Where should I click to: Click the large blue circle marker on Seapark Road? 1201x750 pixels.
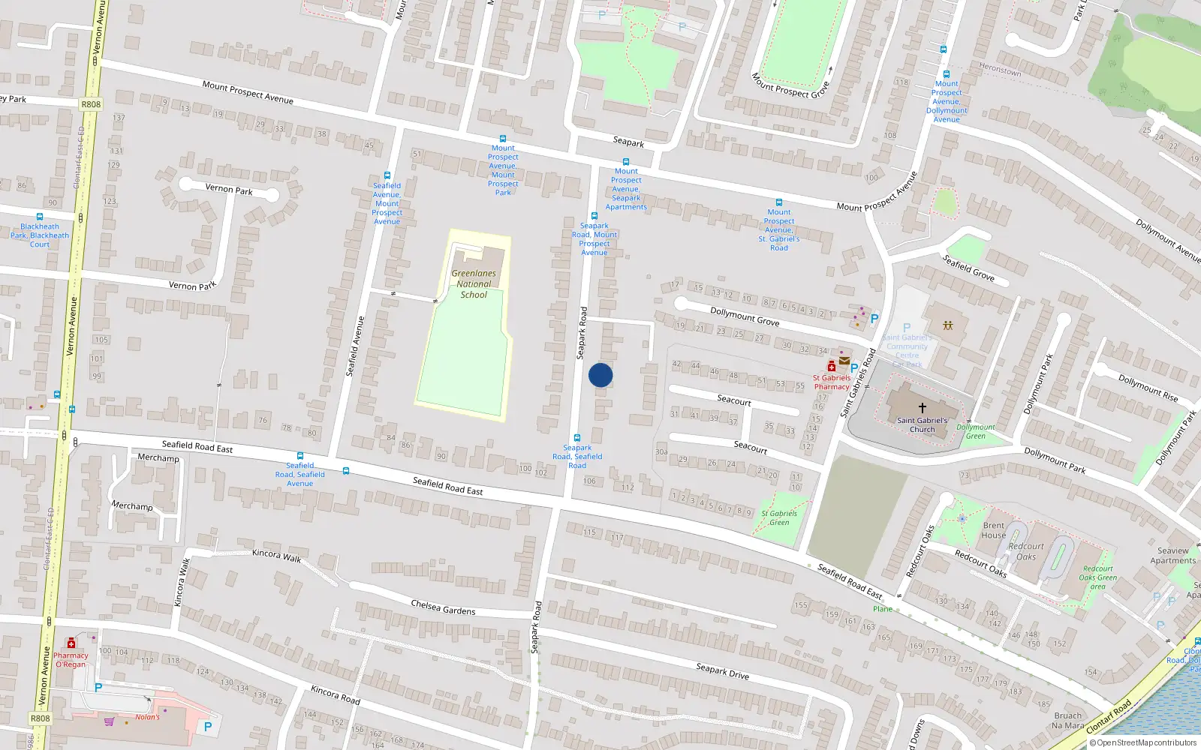pos(600,375)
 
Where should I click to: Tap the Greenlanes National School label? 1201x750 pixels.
pos(474,284)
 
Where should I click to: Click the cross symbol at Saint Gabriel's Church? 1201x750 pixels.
pos(923,408)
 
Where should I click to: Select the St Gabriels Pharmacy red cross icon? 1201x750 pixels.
pos(831,367)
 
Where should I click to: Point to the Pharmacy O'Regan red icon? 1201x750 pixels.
pos(71,643)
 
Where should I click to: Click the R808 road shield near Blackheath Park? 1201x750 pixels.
pos(91,104)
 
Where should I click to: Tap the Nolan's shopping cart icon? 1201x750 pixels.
pos(110,721)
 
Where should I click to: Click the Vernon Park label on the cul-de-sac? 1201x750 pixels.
pos(229,190)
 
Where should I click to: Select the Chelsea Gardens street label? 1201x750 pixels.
pos(443,607)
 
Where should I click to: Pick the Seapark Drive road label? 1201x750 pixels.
pos(722,670)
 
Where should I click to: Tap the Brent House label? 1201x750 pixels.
pos(994,530)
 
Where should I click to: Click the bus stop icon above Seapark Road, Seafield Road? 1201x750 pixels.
pos(577,438)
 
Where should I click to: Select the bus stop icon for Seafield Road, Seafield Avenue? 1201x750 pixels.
pos(300,456)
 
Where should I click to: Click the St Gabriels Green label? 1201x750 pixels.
pos(779,517)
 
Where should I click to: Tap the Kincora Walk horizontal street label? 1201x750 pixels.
pos(276,555)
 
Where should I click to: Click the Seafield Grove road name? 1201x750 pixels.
pos(968,268)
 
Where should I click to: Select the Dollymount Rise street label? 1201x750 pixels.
pos(1148,388)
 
